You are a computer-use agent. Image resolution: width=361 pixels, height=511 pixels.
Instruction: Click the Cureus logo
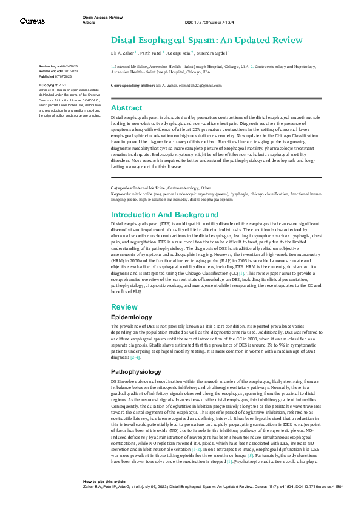click(32, 21)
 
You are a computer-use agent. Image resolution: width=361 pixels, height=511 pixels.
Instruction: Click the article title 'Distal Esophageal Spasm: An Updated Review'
click(206, 40)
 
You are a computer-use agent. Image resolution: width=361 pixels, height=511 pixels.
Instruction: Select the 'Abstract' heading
click(127, 107)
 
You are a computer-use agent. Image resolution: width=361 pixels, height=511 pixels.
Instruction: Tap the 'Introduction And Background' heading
click(165, 215)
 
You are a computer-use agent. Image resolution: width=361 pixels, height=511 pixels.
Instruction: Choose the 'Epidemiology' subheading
click(131, 317)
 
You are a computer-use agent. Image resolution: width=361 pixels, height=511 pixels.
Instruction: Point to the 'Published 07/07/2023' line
click(55, 77)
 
